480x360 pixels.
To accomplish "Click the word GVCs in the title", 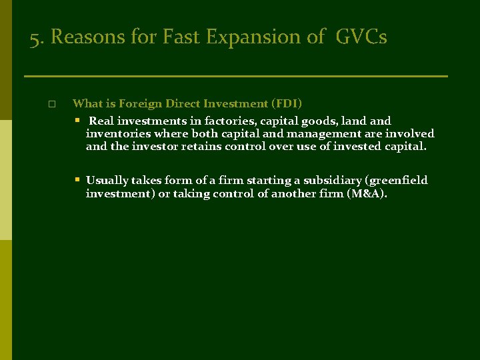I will (361, 37).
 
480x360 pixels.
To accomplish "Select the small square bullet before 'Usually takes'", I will (77, 180).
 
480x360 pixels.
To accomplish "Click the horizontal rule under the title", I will (235, 76).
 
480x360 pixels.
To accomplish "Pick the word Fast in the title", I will (179, 37).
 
